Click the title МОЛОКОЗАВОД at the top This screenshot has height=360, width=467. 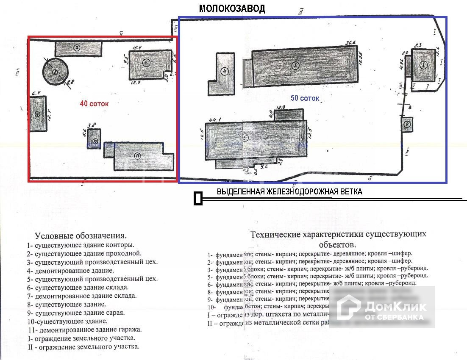pos(232,9)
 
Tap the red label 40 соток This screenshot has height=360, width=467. pos(94,103)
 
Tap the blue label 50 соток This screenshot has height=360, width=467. pos(305,98)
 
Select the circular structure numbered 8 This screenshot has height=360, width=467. pos(55,72)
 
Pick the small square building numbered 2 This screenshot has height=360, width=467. pos(407,125)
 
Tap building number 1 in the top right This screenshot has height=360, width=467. pos(423,65)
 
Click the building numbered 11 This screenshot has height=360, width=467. pos(138,156)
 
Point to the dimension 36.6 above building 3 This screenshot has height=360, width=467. pos(350,42)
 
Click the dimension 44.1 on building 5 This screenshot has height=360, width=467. pos(213,119)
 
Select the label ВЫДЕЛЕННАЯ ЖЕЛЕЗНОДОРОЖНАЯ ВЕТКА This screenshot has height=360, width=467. pos(289,191)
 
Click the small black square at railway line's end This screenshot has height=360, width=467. pos(197,199)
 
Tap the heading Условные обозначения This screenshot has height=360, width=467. pos(81,235)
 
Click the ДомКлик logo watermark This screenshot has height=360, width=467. pos(381,307)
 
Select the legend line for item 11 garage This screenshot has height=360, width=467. pos(85,329)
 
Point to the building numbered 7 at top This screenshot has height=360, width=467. pos(78,48)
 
